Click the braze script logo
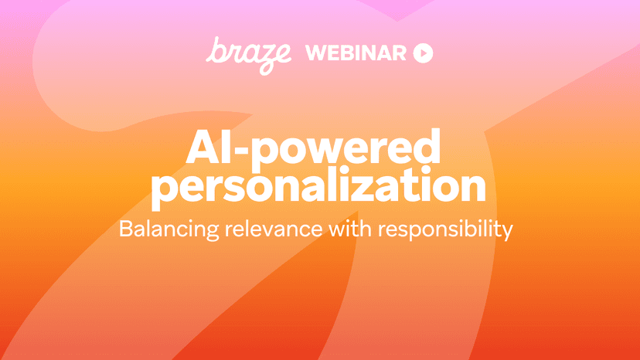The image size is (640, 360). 249,56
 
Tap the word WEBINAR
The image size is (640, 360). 356,53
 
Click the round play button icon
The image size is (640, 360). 423,53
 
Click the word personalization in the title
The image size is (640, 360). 318,188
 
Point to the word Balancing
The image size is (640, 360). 169,229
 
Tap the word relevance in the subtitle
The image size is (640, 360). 274,229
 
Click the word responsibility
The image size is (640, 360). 445,229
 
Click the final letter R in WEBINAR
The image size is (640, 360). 398,53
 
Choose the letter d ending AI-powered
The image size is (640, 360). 427,146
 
